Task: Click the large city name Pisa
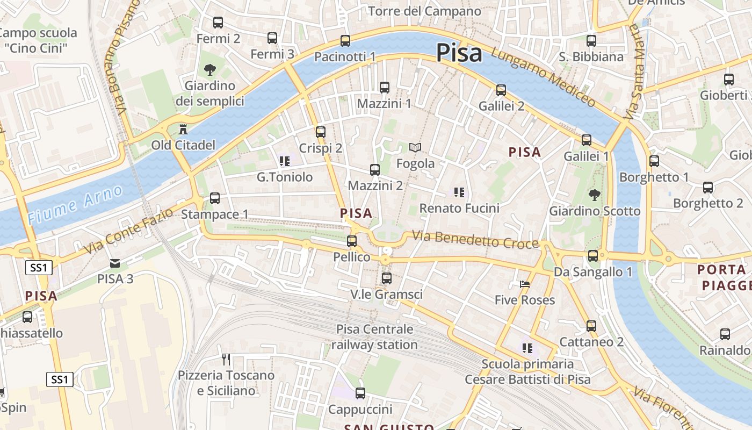459,53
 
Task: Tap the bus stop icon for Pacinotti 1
345,41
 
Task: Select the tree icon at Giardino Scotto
594,195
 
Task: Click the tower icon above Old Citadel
183,130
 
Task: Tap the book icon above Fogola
415,147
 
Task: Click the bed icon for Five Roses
525,284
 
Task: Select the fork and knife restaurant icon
226,359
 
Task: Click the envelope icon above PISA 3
115,263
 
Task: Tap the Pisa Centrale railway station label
374,337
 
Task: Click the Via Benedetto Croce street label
475,240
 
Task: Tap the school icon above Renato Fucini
459,192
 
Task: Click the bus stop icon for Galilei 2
501,90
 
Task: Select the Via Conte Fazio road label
129,231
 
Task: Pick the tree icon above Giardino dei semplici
209,69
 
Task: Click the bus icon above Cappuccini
360,393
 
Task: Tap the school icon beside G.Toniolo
285,161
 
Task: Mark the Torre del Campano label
424,11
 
